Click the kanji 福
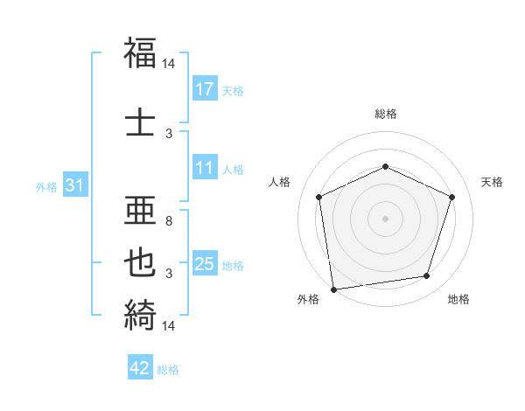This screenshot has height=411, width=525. [x=140, y=53]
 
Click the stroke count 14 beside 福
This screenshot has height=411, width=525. [x=169, y=64]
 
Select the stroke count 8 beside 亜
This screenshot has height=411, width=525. [x=169, y=222]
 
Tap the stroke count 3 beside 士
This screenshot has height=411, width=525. [x=169, y=133]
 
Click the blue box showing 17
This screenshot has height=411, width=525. [x=205, y=89]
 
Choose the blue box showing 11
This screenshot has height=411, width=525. [x=205, y=168]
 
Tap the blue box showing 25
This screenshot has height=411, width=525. [x=205, y=264]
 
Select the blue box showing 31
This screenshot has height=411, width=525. [x=74, y=185]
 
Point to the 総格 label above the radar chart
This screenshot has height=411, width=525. [x=386, y=114]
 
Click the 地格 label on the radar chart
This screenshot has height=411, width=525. [x=458, y=300]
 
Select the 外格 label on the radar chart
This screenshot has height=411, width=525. [x=308, y=300]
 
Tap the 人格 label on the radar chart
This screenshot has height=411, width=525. [x=280, y=182]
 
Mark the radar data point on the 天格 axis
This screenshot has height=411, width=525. [x=452, y=197]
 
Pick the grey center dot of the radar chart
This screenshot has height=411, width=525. [x=385, y=218]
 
